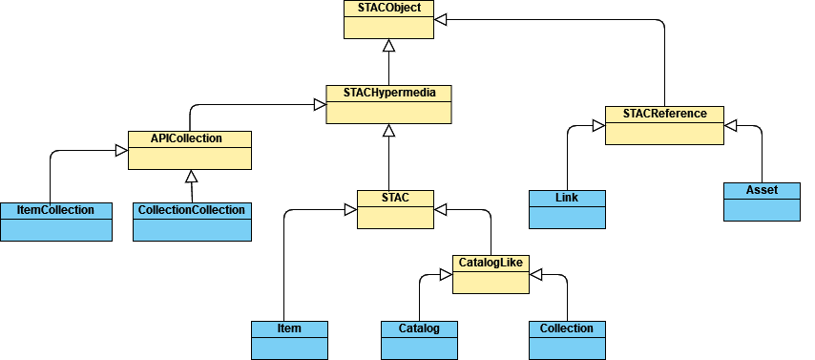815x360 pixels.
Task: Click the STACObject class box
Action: tap(388, 19)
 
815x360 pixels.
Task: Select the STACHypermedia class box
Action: tap(388, 104)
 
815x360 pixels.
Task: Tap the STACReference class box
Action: tap(664, 125)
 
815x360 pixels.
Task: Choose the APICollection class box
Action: tap(190, 150)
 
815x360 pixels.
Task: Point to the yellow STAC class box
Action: tap(395, 209)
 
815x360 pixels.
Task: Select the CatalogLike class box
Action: tap(491, 273)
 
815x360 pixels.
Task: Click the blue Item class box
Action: tap(289, 340)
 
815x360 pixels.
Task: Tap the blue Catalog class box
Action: tap(418, 340)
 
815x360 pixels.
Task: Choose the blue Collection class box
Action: tap(567, 340)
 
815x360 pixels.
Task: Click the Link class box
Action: tap(567, 209)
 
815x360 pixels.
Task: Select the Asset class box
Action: tap(762, 201)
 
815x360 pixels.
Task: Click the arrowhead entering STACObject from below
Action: tap(388, 45)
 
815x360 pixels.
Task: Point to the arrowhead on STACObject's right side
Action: tap(439, 19)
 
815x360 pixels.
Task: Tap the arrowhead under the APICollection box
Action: tap(191, 176)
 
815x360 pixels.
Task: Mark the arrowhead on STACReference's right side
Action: tap(730, 125)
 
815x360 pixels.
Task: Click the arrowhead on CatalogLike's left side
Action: tap(446, 274)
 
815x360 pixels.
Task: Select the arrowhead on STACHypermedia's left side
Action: tap(320, 104)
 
